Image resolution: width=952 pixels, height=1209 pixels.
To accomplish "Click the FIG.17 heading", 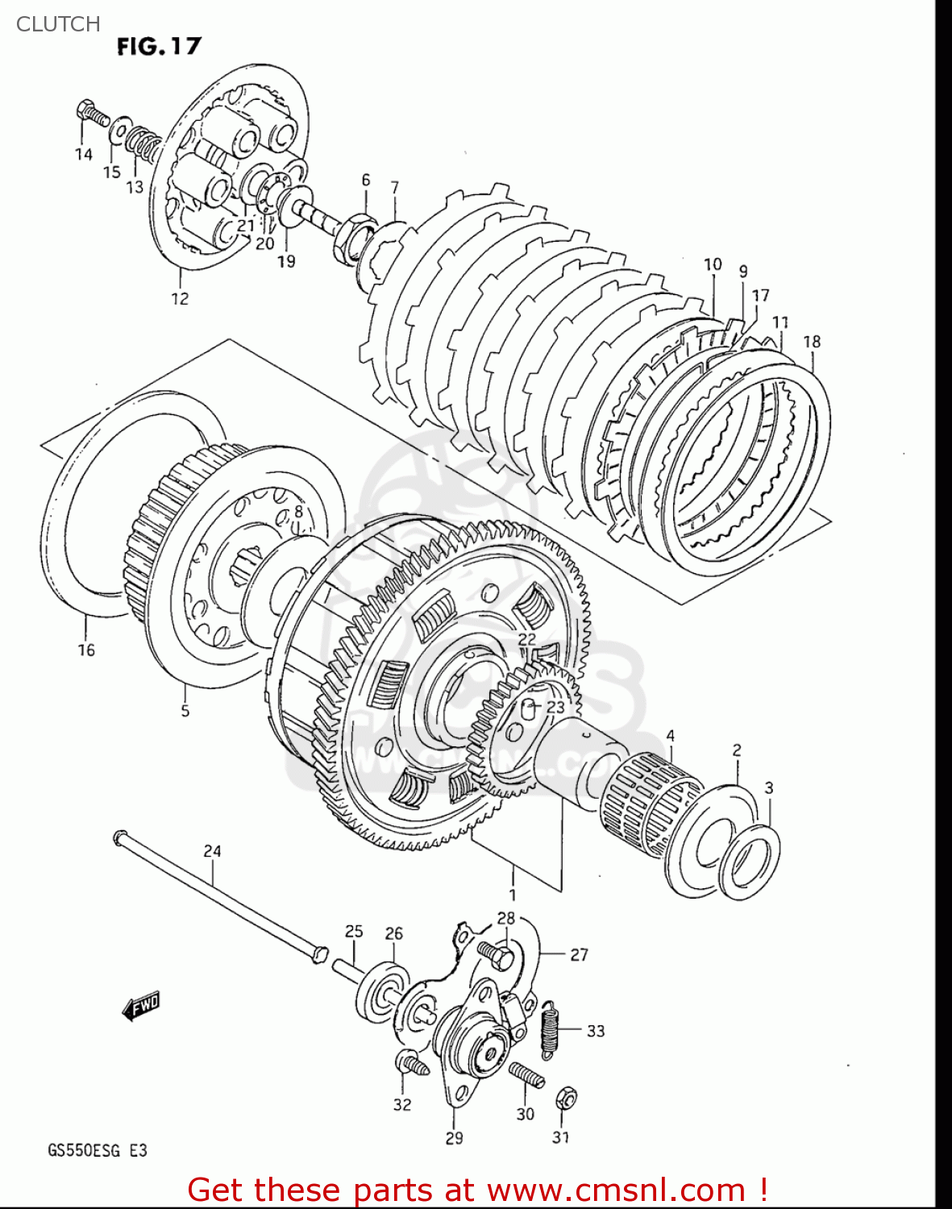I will [159, 46].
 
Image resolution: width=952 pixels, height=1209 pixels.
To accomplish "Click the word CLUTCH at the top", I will [58, 24].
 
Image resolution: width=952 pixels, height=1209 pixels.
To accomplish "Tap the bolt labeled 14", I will [93, 114].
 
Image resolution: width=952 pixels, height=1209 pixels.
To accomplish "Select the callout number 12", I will [180, 299].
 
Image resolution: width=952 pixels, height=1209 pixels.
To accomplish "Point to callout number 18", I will [812, 341].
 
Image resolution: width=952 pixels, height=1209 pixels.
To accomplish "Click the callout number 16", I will [86, 650].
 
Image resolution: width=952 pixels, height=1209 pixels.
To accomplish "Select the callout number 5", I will [185, 710].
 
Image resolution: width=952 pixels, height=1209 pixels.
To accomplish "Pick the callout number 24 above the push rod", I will [212, 851].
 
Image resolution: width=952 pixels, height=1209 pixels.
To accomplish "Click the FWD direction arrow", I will [141, 1006].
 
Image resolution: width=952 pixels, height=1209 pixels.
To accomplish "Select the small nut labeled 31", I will [566, 1097].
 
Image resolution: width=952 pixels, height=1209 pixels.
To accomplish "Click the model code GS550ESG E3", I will [98, 1150].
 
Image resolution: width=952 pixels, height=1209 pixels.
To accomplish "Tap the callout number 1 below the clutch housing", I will [513, 895].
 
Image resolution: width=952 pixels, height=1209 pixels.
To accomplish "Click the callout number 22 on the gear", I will [526, 639].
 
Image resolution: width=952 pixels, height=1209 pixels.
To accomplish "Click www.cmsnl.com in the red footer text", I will [617, 1190].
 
